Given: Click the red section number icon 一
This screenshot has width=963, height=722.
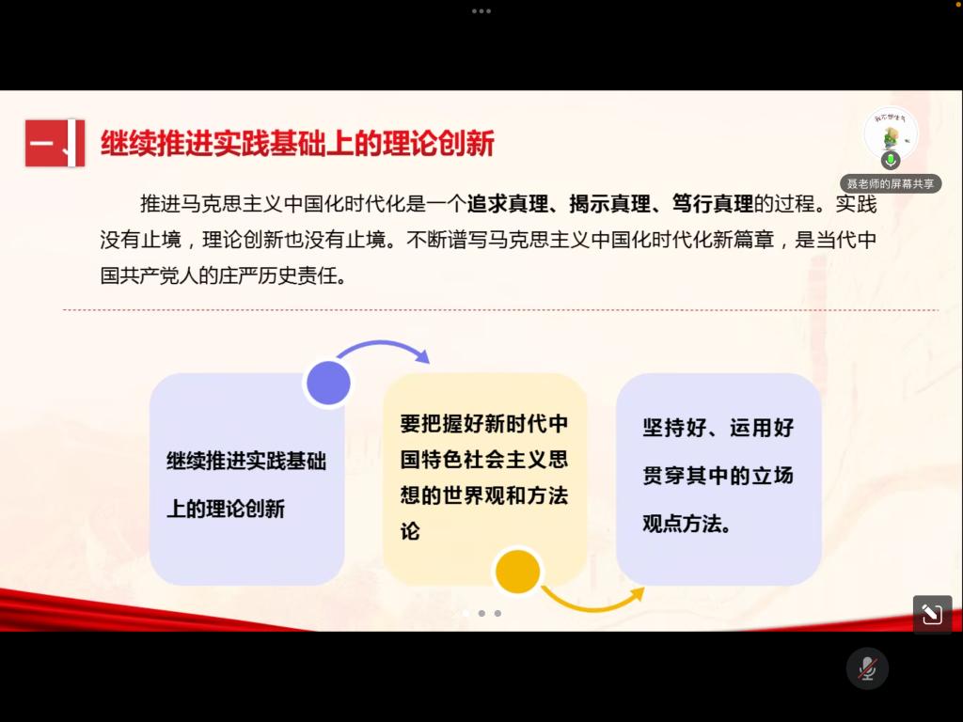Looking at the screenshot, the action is pyautogui.click(x=55, y=143).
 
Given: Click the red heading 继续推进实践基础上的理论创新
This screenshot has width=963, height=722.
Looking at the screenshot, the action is pyautogui.click(x=297, y=144).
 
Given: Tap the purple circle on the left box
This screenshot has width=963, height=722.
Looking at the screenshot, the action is pyautogui.click(x=328, y=384).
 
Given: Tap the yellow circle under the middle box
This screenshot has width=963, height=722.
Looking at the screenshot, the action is pyautogui.click(x=518, y=572).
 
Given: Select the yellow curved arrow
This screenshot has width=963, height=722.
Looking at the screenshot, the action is pyautogui.click(x=592, y=605).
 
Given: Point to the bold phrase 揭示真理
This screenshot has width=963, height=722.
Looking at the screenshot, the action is pyautogui.click(x=609, y=204).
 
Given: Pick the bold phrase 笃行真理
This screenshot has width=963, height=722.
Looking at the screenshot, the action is pyautogui.click(x=713, y=204).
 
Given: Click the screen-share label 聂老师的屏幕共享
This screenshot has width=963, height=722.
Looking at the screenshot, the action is pyautogui.click(x=891, y=183).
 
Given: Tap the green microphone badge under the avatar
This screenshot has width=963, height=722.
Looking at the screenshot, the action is pyautogui.click(x=891, y=160).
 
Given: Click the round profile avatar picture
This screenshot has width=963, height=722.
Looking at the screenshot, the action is pyautogui.click(x=891, y=133).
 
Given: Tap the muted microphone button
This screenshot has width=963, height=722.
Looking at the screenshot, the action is pyautogui.click(x=867, y=668).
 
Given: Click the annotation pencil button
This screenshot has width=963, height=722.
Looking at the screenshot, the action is pyautogui.click(x=932, y=614).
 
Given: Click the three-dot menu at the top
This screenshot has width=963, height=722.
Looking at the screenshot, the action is pyautogui.click(x=481, y=11).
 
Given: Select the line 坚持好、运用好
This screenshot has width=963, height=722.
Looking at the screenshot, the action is pyautogui.click(x=718, y=428).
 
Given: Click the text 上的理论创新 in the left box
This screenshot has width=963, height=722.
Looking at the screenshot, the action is pyautogui.click(x=226, y=509).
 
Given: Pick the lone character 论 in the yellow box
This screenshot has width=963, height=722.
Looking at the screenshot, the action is pyautogui.click(x=410, y=531).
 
